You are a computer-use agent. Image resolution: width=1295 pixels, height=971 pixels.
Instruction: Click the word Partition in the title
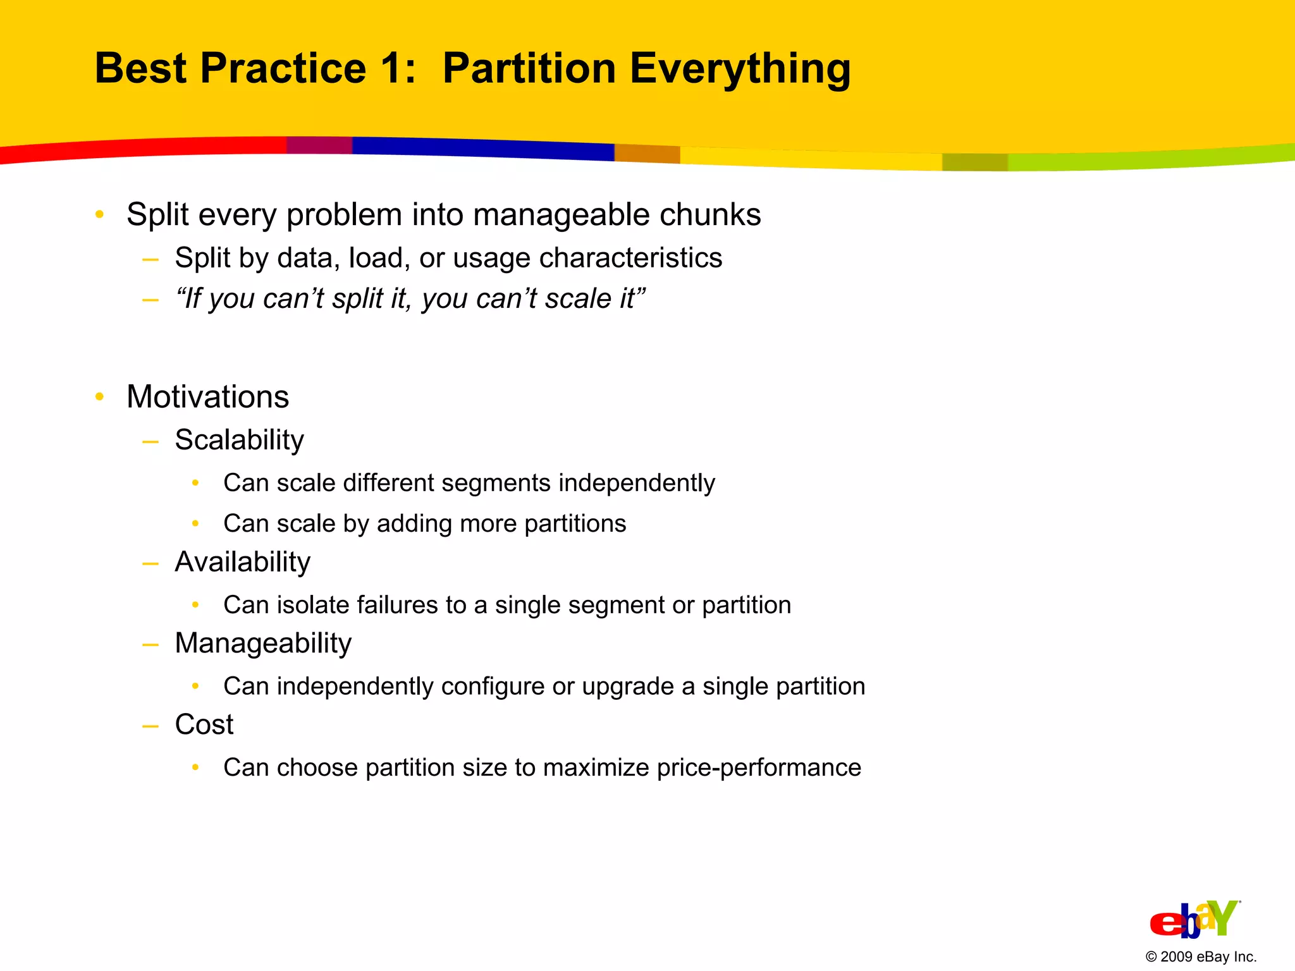[529, 68]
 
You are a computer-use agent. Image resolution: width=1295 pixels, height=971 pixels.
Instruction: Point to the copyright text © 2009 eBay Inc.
[1200, 956]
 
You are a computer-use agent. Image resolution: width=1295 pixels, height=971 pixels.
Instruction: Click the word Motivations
[207, 397]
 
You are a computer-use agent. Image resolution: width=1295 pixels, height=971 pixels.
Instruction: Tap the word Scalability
[239, 441]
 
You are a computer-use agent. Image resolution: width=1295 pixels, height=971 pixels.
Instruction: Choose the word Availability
[242, 562]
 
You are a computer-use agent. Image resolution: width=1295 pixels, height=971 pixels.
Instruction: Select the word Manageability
[263, 644]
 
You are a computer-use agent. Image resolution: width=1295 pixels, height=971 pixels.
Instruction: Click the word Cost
[204, 724]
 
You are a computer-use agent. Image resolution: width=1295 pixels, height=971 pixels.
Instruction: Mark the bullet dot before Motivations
[99, 397]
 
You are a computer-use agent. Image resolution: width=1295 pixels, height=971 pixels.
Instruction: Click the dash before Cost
[150, 726]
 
